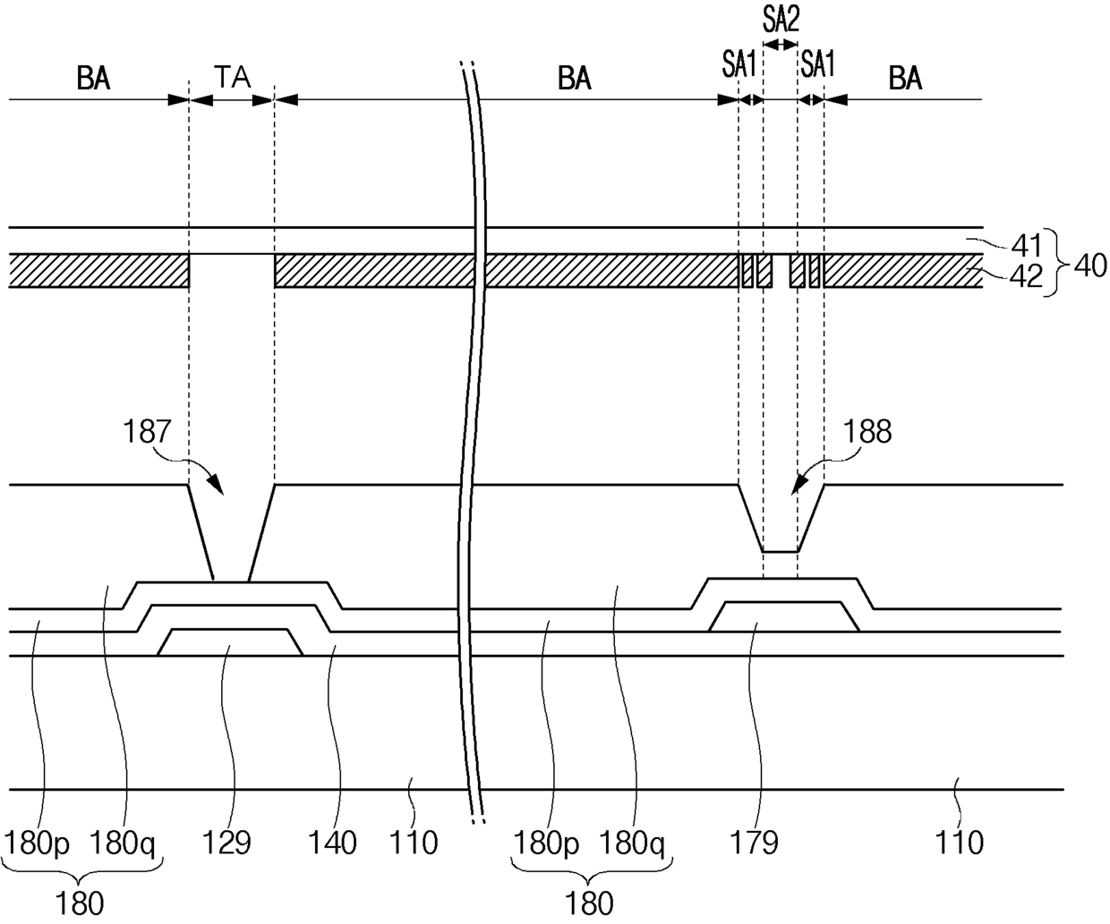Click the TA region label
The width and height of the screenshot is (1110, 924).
click(231, 79)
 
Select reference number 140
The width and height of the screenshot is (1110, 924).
click(331, 843)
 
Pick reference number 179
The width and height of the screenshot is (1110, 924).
click(755, 843)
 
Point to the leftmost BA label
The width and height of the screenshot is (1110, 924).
click(93, 79)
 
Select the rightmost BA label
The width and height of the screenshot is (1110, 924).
click(905, 79)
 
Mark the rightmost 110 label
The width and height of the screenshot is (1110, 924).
click(959, 843)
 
